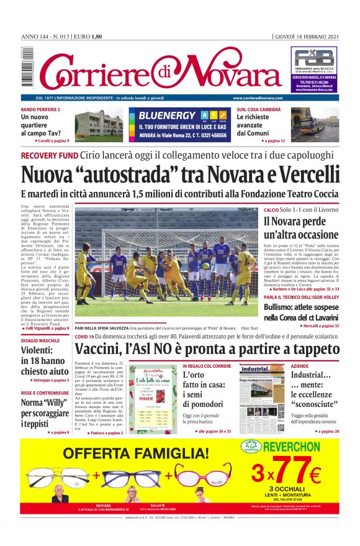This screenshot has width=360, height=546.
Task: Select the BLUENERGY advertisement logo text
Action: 167,116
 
